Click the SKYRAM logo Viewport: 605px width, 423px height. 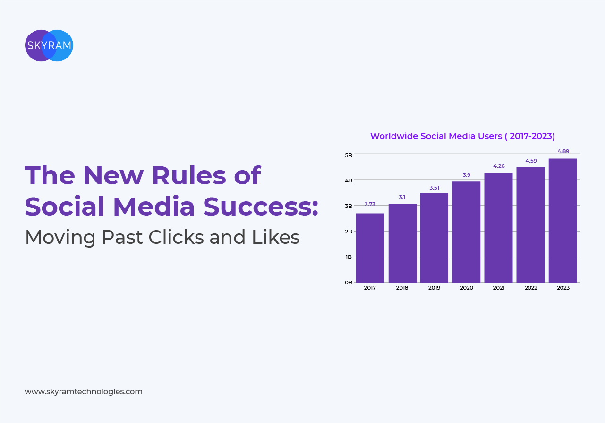coord(49,45)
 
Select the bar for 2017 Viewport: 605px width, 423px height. coord(370,248)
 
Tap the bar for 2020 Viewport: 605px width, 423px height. coord(466,232)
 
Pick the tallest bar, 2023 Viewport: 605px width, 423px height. coord(563,221)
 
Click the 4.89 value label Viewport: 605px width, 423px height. coord(563,151)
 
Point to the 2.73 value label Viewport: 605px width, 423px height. coord(370,204)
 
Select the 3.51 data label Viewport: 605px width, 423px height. coord(435,188)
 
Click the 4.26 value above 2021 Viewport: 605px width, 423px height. coord(499,166)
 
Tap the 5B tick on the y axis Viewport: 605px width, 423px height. coord(349,155)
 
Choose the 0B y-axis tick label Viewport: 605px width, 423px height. coord(349,282)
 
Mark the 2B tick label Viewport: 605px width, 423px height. coord(349,232)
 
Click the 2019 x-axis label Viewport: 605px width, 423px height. coord(435,288)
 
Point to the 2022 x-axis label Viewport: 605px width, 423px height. coord(531,288)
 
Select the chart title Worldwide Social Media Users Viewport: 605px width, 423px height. coord(462,136)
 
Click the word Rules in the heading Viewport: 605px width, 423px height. coord(189,175)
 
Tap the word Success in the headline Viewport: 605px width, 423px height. coord(260,206)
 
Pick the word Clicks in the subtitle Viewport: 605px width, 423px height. coord(176,237)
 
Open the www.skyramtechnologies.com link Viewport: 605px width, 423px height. coord(84,392)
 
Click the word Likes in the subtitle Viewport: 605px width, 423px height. coord(276,237)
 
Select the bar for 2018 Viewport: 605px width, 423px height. coord(402,243)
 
